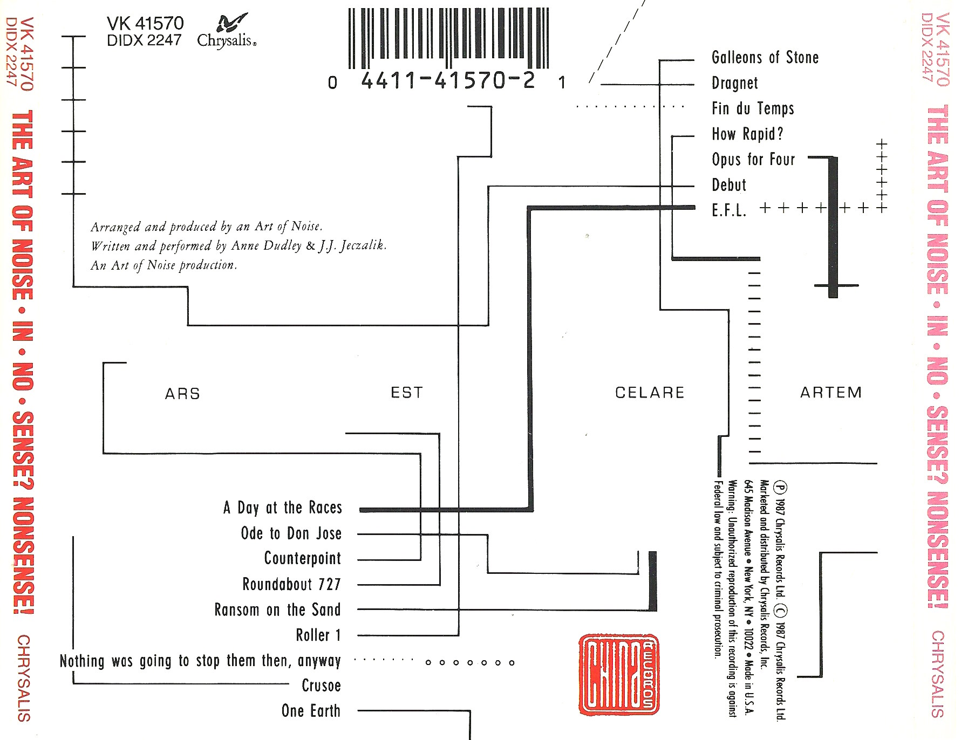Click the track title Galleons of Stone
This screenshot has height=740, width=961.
765,57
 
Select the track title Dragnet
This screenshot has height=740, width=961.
734,83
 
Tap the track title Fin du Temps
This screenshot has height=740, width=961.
753,108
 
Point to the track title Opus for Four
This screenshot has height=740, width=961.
753,160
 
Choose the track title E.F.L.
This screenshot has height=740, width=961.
729,210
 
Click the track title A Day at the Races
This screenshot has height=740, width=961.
283,508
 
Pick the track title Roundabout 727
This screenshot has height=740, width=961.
291,584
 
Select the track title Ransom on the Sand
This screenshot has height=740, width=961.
277,609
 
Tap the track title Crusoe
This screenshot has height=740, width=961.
321,686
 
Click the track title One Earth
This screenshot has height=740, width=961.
311,711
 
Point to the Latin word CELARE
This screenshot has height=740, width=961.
650,393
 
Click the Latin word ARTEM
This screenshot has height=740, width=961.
830,393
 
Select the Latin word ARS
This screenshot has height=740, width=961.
182,394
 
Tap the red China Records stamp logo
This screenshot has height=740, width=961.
619,675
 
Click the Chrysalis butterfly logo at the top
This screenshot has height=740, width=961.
231,24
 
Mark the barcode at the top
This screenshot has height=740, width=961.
448,38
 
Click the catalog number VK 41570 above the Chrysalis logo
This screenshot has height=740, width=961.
145,23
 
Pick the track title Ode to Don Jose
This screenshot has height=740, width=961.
291,533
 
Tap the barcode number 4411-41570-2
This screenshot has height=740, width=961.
448,81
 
